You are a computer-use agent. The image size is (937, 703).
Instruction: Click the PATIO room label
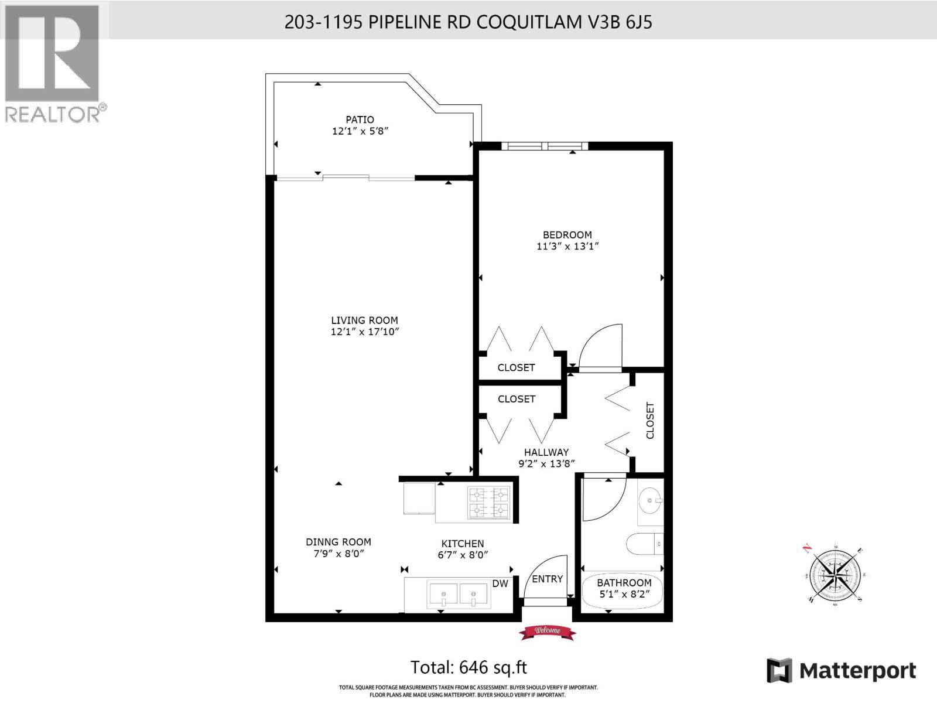pos(360,120)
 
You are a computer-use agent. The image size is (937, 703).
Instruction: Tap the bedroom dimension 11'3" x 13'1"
pos(567,247)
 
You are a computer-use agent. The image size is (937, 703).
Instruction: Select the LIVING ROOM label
pos(364,320)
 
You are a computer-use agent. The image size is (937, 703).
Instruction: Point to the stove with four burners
pos(488,503)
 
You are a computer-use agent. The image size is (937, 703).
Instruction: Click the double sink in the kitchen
pos(459,594)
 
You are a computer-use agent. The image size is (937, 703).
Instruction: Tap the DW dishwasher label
pos(500,583)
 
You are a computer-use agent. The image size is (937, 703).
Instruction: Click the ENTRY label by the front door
pos(547,579)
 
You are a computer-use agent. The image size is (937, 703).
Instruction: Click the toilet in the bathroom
pos(644,544)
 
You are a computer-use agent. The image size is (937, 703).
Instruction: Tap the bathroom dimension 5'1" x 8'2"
pos(624,594)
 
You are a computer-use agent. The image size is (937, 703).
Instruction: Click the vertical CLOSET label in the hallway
pos(649,420)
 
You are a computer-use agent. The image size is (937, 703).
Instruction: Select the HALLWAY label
pos(546,452)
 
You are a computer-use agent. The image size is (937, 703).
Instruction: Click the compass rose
pos(834,574)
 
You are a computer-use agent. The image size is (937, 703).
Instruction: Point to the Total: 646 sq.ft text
pos(468,667)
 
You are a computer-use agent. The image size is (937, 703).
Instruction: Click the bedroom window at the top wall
pos(545,146)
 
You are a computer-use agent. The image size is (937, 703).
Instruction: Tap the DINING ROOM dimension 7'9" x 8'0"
pos(338,554)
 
